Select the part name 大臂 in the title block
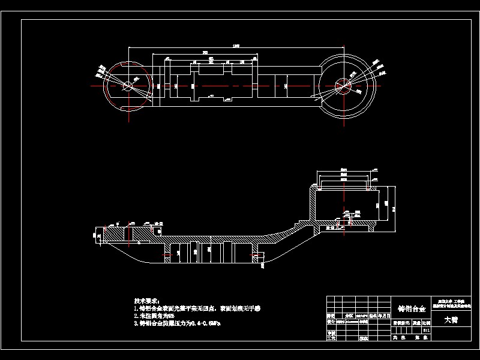[x=451, y=320]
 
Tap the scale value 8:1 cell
[x=427, y=330]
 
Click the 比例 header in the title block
[x=427, y=323]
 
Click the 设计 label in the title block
[x=330, y=322]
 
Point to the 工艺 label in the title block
[x=330, y=338]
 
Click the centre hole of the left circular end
[x=127, y=86]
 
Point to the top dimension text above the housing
[x=344, y=170]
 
